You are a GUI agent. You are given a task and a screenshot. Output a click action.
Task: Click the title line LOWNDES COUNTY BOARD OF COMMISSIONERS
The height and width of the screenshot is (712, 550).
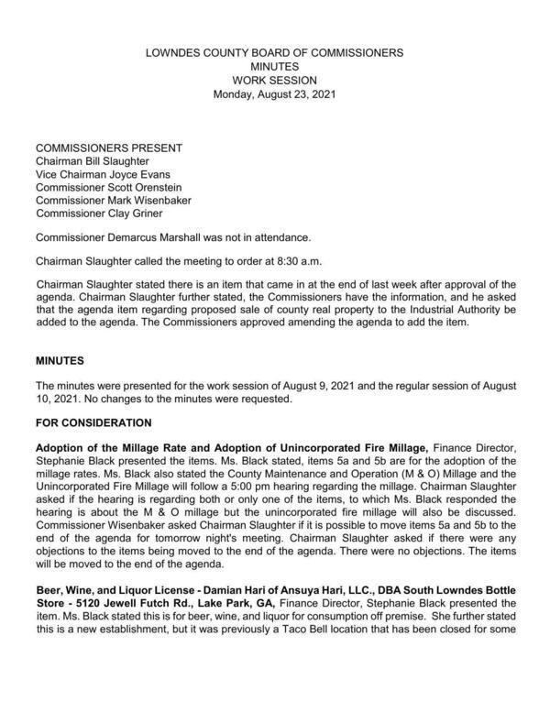click(275, 54)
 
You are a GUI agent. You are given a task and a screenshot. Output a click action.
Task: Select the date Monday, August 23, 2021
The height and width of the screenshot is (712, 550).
click(275, 94)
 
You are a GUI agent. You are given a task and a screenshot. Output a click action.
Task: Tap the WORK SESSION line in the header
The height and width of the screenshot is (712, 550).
click(275, 81)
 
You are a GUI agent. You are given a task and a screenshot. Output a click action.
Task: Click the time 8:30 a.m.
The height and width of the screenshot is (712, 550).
click(285, 259)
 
